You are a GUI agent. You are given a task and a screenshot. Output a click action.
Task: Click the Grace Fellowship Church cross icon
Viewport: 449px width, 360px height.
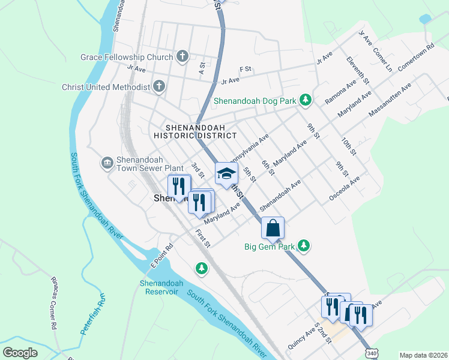tap(183, 58)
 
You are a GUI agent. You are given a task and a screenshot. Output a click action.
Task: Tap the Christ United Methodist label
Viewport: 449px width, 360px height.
tap(106, 87)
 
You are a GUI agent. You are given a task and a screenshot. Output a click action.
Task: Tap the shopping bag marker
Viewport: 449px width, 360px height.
tap(273, 228)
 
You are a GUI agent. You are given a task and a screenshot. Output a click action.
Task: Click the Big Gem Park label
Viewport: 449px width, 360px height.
tap(270, 246)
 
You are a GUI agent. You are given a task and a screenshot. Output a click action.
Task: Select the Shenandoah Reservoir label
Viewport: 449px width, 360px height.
tap(161, 287)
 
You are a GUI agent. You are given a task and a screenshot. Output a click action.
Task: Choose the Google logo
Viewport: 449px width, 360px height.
tap(20, 353)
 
